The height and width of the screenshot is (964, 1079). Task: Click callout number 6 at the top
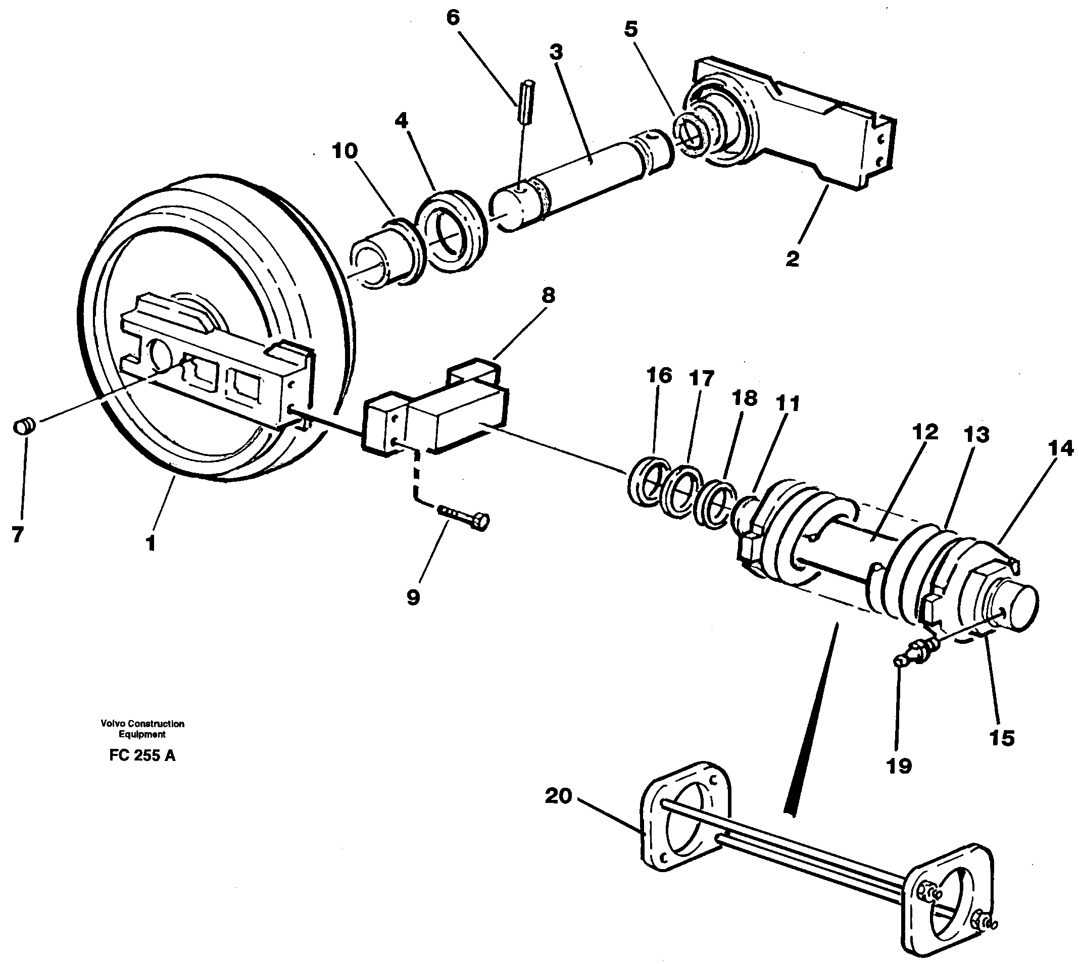point(453,18)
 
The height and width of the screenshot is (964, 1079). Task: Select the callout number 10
point(345,151)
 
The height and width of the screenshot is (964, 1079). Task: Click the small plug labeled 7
point(24,425)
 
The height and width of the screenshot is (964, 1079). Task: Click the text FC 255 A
point(142,755)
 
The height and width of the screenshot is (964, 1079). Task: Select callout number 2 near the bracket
point(792,259)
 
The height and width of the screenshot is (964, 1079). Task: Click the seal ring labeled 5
point(689,138)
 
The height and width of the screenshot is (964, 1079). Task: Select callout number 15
point(1001,738)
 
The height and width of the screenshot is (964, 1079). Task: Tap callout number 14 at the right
point(1059,448)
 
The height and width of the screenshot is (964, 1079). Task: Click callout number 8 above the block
point(548,295)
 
